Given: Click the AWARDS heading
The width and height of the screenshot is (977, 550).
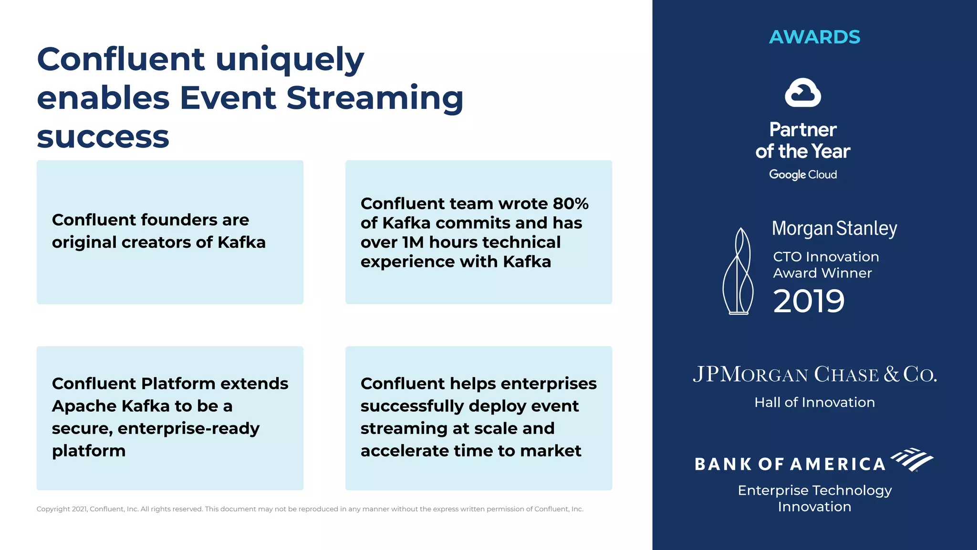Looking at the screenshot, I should (x=814, y=37).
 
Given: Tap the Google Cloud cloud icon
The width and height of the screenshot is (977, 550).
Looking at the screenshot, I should (x=803, y=93).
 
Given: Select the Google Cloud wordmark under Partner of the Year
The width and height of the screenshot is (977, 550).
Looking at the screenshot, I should (x=803, y=175).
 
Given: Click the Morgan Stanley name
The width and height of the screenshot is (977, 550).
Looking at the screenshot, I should (x=834, y=229).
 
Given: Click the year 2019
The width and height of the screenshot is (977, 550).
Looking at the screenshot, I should (x=809, y=301).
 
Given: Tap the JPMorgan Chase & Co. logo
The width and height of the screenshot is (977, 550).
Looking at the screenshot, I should (x=814, y=374).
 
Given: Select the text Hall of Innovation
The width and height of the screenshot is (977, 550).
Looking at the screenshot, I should (x=814, y=402).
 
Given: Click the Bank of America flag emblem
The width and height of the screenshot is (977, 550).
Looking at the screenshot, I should (x=912, y=459).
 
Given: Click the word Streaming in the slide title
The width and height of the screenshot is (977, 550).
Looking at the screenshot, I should (x=374, y=98).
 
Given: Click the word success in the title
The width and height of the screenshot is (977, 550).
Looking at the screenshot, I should (x=103, y=137).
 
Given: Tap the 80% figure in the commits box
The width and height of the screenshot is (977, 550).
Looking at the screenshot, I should (x=571, y=204).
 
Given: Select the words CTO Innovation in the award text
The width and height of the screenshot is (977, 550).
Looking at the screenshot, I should (x=826, y=257).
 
